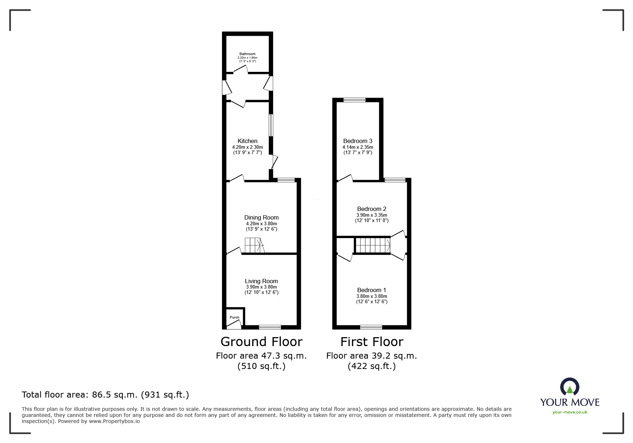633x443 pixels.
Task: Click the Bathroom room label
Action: point(247,54)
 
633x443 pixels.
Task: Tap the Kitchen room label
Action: point(247,141)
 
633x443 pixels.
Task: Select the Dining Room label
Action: point(261,218)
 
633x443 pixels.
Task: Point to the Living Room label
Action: point(261,281)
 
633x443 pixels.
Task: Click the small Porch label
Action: point(234,318)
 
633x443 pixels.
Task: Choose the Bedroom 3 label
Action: point(358,141)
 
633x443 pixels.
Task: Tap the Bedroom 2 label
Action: point(372,209)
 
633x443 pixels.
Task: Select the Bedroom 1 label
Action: point(372,290)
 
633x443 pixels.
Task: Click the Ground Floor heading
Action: point(262,342)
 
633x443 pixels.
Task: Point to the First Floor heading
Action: point(372,342)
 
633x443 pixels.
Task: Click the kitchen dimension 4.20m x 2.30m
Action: point(247,147)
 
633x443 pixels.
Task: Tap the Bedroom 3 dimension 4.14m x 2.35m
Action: point(358,147)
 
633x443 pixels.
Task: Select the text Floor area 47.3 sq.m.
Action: point(261,356)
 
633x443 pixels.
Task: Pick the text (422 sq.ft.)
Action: point(372,366)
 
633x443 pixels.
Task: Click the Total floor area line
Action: point(105,395)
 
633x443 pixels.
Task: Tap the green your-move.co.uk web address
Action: point(570,412)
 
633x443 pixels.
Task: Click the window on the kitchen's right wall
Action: point(271,125)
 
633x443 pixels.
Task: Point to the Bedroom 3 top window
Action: point(355,100)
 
